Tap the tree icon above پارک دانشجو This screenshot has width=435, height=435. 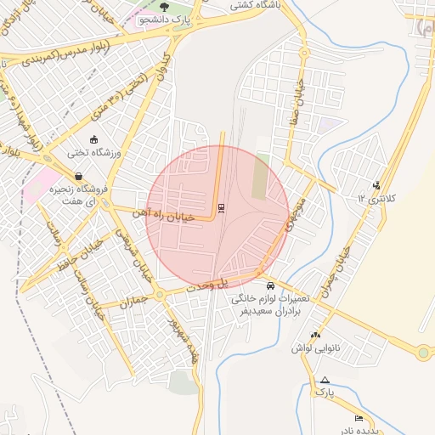point(177,6)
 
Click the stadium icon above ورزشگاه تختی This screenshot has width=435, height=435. point(93,139)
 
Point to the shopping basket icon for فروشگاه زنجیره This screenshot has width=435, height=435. point(79,177)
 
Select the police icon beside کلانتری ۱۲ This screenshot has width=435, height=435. point(377,185)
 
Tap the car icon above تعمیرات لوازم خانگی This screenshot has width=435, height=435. point(270,285)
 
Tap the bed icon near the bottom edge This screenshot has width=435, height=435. point(359,419)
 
